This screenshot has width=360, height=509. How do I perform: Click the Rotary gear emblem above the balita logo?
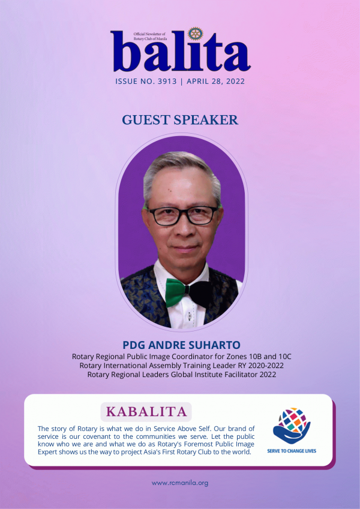click(196, 34)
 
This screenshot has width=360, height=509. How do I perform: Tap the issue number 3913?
click(167, 81)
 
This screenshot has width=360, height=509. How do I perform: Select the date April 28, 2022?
click(216, 81)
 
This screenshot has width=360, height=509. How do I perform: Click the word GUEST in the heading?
click(142, 120)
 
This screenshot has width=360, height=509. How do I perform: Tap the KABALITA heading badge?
click(146, 412)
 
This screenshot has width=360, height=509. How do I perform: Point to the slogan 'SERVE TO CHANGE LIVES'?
click(292, 451)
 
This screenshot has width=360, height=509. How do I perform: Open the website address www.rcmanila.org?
click(180, 483)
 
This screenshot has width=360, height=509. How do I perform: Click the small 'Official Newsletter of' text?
click(149, 34)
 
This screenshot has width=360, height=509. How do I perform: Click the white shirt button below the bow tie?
click(189, 315)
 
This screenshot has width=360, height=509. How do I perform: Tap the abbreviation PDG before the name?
click(131, 345)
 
